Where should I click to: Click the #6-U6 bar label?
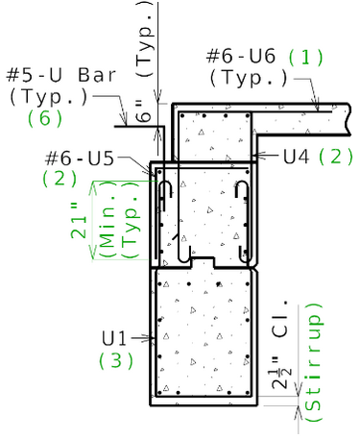coord(241,56)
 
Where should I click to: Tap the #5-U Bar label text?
coord(60,75)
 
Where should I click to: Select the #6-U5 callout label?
coord(80,158)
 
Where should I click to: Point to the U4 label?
coord(297,157)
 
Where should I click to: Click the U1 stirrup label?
coord(114,338)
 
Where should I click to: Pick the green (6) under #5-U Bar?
coord(45,118)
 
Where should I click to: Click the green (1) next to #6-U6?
coord(306,57)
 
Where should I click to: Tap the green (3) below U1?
coord(116,360)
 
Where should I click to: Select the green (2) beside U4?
coord(336,157)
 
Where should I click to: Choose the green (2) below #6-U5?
coord(60,179)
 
